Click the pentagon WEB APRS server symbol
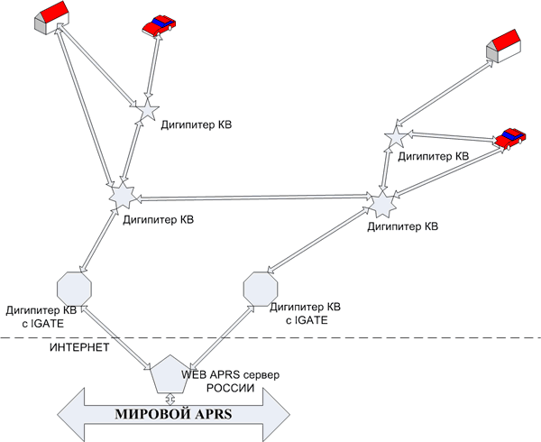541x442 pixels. [x=170, y=375]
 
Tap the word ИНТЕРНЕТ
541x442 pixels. [x=79, y=345]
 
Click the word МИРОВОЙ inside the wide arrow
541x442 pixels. [x=148, y=416]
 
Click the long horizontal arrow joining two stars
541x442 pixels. [x=252, y=198]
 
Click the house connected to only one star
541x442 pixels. [x=503, y=46]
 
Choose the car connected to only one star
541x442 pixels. [x=159, y=24]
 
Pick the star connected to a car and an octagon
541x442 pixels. [x=383, y=203]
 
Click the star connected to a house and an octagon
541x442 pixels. [x=121, y=194]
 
